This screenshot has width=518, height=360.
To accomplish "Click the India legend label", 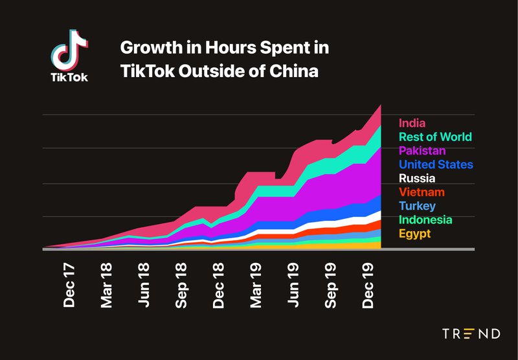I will tap(412, 123).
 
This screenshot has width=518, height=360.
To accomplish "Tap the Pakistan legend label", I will tap(422, 151).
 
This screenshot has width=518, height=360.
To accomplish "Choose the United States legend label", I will tap(436, 164).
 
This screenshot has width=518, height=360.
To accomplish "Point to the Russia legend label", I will tap(417, 179).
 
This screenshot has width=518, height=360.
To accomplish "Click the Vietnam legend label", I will tap(422, 192).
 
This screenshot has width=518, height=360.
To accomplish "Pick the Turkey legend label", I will tap(418, 206).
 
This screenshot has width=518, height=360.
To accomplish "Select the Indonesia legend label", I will tap(425, 220).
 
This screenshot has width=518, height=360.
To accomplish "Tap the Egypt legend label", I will tap(414, 234).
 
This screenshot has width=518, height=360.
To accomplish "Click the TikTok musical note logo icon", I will tap(69, 51).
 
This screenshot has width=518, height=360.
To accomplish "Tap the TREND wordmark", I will tap(471, 334).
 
